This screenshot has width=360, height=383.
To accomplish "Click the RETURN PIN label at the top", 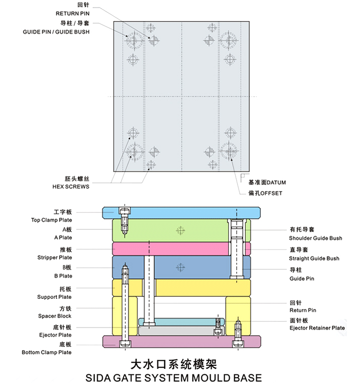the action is [x=73, y=14].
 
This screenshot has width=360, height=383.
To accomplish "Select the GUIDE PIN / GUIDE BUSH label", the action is [x=56, y=32].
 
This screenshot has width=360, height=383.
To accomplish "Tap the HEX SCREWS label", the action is [x=71, y=186].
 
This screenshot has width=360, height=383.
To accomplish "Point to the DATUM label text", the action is [x=276, y=182].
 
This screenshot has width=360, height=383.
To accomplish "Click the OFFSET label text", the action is [x=271, y=193].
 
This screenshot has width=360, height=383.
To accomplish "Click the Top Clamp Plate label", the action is [x=51, y=220].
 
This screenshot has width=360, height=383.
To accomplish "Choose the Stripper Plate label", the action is [x=55, y=258].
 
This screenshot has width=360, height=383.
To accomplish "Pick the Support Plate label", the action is [x=54, y=297].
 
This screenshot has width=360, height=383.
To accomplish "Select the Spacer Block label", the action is [x=55, y=316].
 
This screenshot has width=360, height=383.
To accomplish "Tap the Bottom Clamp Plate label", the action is [x=47, y=352].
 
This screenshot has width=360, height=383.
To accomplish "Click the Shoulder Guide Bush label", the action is [x=316, y=238].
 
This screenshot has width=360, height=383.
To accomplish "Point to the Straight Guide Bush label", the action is [x=314, y=258].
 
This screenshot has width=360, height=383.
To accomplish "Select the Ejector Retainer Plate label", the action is [x=317, y=328].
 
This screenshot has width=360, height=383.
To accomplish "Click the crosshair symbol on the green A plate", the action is [x=180, y=230].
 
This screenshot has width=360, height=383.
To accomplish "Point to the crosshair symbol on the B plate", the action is [x=180, y=268].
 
